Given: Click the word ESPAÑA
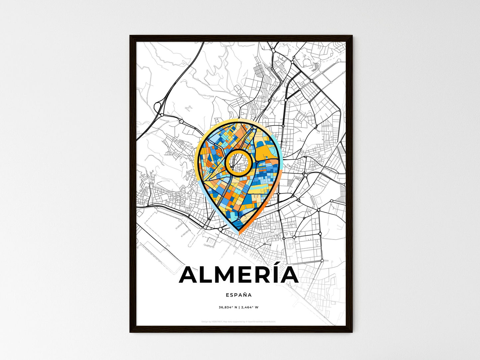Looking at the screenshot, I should (x=239, y=295).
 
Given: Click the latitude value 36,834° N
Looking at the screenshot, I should (x=228, y=307).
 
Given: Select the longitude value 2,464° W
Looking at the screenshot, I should (x=250, y=307).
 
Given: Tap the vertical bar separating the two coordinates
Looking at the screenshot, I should (x=239, y=307).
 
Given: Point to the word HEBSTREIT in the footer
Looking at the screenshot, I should (x=218, y=321).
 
